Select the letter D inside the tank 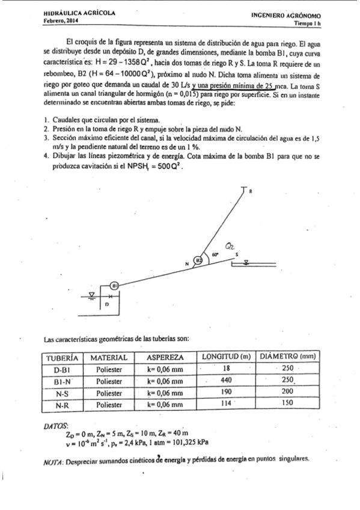(107, 306)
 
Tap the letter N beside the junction (187, 263)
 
